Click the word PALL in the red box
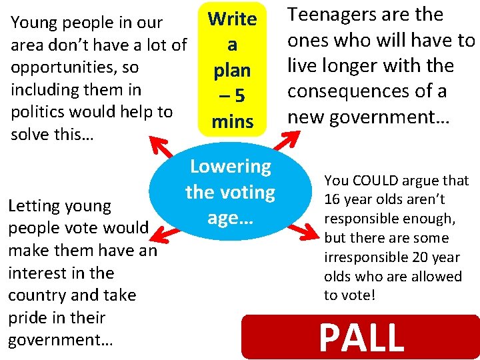pyautogui.click(x=361, y=337)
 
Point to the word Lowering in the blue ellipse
pyautogui.click(x=231, y=166)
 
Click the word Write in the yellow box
pyautogui.click(x=232, y=19)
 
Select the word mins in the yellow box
pyautogui.click(x=232, y=121)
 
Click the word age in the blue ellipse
pyautogui.click(x=223, y=217)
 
